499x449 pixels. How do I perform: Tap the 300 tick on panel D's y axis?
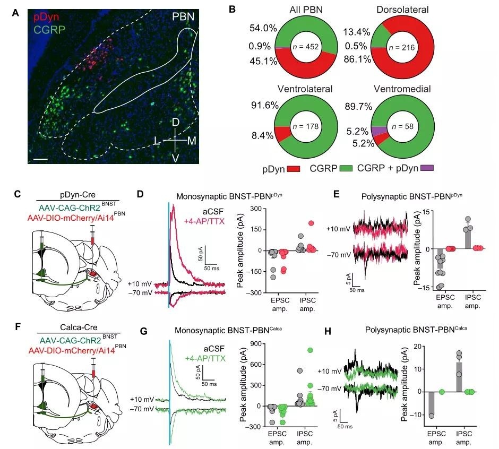pyautogui.click(x=256, y=209)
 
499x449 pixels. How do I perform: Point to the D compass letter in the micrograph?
pyautogui.click(x=175, y=123)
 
